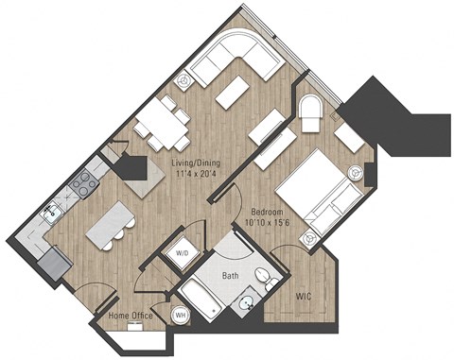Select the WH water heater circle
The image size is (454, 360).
(x=180, y=316)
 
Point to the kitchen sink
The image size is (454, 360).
(x=54, y=214)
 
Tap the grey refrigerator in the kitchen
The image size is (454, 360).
(x=54, y=261)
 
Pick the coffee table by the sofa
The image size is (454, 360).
(x=233, y=92)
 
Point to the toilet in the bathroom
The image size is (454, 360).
(x=269, y=280)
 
